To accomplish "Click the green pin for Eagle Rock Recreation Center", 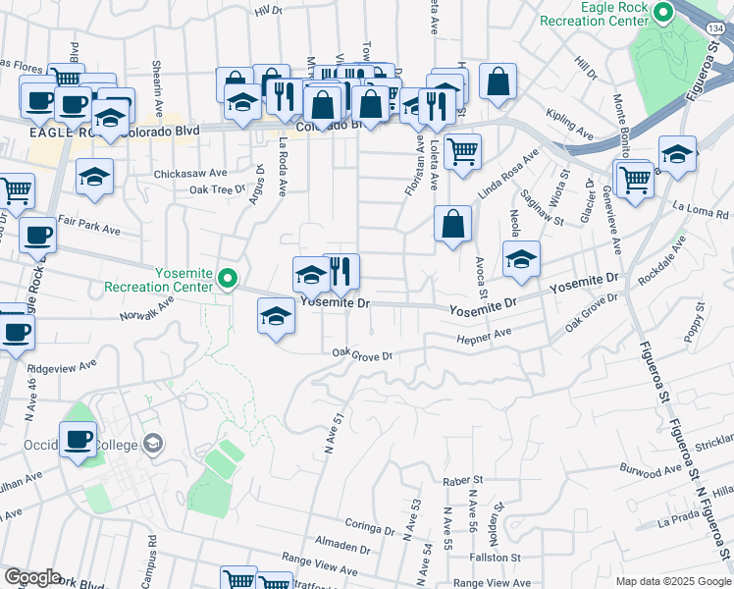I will tap(662, 14).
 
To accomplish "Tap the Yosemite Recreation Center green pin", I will tap(228, 280).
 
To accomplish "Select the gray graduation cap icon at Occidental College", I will tap(152, 445).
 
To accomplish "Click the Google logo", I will tap(31, 577).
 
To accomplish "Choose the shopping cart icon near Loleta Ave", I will tap(462, 151).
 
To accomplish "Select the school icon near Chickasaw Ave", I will tap(95, 177).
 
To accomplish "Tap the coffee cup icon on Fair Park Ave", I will tap(38, 236).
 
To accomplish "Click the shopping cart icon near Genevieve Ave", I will tap(635, 179).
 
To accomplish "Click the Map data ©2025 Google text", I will tap(672, 581).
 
